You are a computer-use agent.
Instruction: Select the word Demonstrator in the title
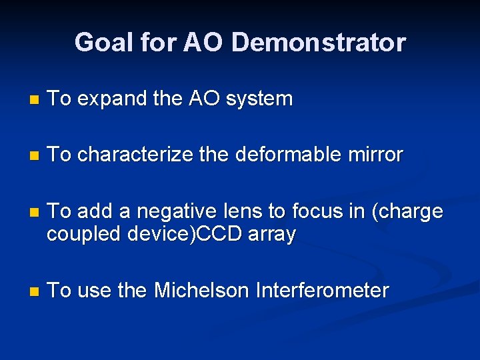tap(318, 43)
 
